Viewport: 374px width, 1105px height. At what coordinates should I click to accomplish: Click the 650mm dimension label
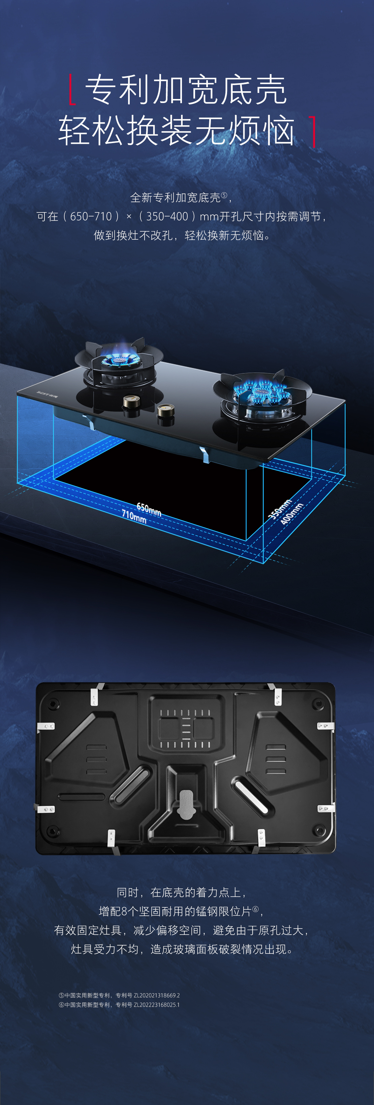pyautogui.click(x=149, y=509)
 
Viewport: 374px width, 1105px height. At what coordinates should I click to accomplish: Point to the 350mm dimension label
pyautogui.click(x=280, y=509)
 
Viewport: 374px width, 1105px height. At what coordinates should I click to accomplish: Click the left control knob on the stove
pyautogui.click(x=131, y=402)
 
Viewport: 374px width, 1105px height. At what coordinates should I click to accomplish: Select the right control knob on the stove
pyautogui.click(x=165, y=411)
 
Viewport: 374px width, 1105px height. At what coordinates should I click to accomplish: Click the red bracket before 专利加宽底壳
pyautogui.click(x=72, y=89)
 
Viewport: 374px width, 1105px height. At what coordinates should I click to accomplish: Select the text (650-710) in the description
pyautogui.click(x=91, y=216)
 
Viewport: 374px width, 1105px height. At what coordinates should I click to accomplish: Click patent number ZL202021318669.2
pyautogui.click(x=157, y=995)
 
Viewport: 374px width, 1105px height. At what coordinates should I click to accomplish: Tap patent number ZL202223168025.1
pyautogui.click(x=157, y=1004)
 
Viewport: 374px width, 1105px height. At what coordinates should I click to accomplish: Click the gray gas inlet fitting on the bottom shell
pyautogui.click(x=186, y=804)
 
